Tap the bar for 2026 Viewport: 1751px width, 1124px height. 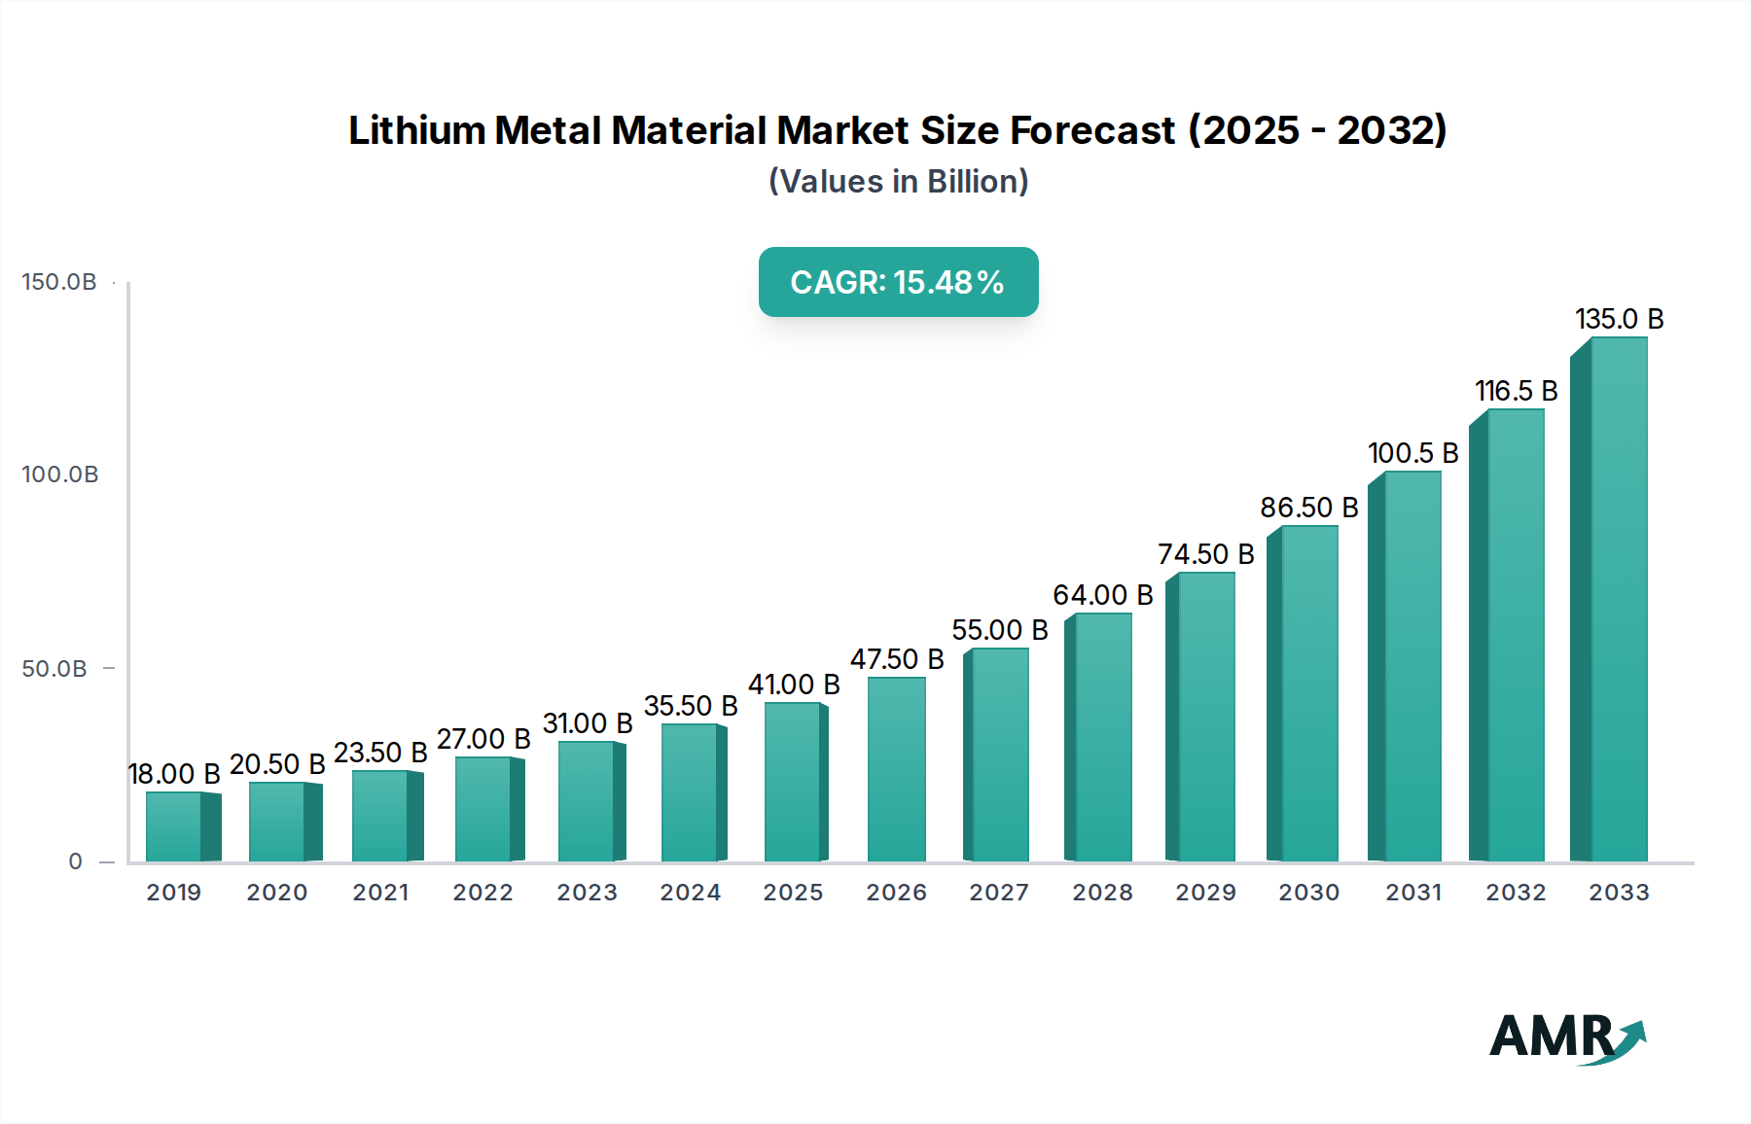pos(896,769)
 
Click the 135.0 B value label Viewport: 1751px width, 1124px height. pos(1619,319)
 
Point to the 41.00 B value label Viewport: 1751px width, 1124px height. pos(793,685)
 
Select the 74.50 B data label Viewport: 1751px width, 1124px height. pos(1205,554)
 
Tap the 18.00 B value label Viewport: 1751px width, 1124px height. pos(174,774)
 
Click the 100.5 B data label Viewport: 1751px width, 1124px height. pos(1412,453)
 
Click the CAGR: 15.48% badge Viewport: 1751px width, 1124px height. pos(898,282)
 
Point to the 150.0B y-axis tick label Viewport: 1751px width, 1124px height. pos(59,282)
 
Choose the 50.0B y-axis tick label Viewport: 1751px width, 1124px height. pos(54,669)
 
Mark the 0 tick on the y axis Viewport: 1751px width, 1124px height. pos(76,861)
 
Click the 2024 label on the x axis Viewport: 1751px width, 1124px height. pos(690,893)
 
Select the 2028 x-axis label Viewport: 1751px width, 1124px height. pos(1102,893)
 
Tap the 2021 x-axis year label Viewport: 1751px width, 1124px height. pos(380,893)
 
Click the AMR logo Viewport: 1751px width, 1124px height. pos(1567,1037)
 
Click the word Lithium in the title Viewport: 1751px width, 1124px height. pos(416,130)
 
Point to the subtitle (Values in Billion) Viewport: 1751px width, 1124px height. pos(898,182)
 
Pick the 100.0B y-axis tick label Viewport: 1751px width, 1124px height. pos(60,474)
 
